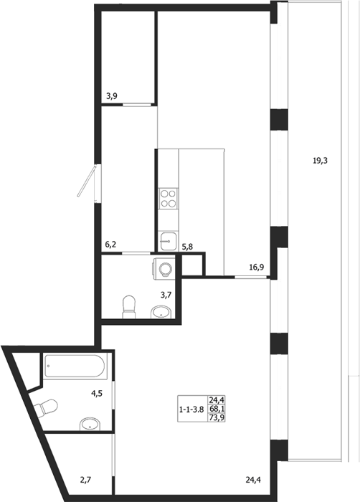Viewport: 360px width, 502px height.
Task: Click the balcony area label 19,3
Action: [x=320, y=161]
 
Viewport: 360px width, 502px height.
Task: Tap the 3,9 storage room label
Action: [x=111, y=95]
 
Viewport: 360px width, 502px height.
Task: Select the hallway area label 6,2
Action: [x=110, y=245]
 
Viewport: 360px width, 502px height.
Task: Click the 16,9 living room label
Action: [x=256, y=267]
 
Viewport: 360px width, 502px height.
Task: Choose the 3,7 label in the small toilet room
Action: [x=166, y=295]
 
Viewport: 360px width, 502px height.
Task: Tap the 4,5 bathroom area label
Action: [x=97, y=394]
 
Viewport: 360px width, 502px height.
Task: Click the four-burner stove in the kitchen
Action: [x=168, y=199]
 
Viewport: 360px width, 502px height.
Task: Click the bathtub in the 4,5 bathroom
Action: [x=75, y=366]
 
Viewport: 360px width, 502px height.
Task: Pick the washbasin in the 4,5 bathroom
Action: [x=90, y=425]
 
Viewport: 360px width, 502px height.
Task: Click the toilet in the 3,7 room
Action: [x=129, y=307]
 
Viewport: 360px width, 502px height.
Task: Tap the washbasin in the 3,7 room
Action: [x=161, y=312]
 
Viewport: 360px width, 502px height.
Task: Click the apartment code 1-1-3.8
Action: [x=191, y=409]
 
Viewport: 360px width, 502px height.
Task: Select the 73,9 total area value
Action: [x=217, y=417]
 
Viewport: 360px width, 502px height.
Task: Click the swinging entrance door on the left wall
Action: [x=87, y=182]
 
